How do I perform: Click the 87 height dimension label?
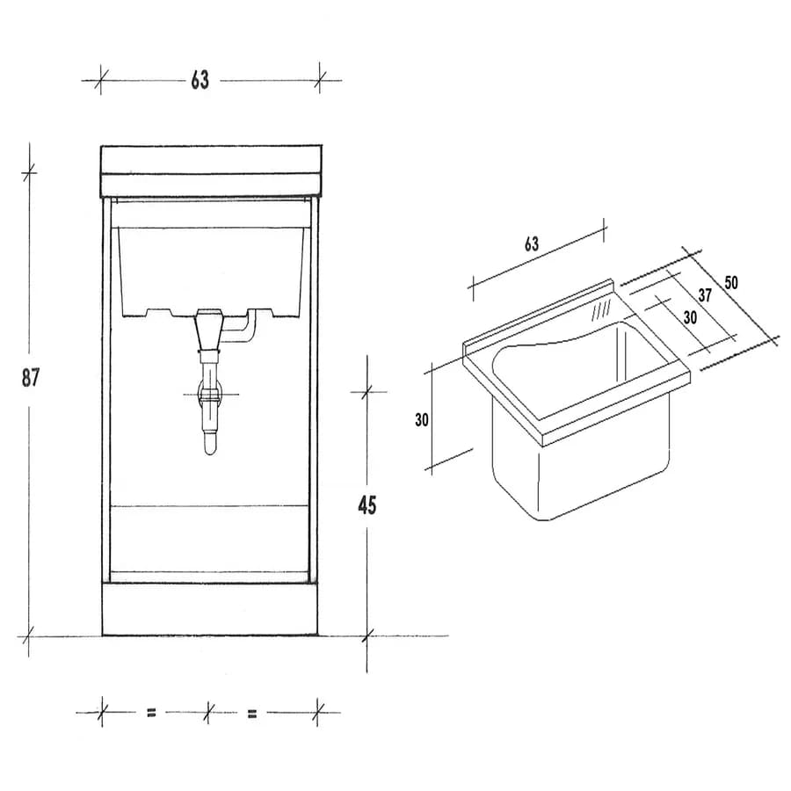click(30, 377)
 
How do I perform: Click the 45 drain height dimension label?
click(366, 505)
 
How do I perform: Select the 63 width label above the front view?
click(200, 80)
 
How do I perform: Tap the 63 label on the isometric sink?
click(532, 244)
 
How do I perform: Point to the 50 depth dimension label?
click(731, 282)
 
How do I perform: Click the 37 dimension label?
click(705, 295)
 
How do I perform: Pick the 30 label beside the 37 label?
click(690, 317)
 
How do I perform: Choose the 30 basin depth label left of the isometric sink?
click(422, 420)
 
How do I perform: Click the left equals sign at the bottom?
click(151, 713)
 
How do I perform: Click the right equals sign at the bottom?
click(252, 714)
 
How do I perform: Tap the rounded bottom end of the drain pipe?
click(210, 448)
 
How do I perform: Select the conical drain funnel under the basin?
click(208, 329)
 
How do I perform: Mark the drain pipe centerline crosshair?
click(210, 394)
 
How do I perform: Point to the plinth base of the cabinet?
click(210, 609)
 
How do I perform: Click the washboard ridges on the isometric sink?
click(601, 309)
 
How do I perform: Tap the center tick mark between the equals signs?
click(207, 713)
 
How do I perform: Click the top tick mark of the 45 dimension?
click(366, 391)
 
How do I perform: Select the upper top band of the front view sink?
click(211, 159)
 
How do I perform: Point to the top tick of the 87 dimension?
click(29, 173)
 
